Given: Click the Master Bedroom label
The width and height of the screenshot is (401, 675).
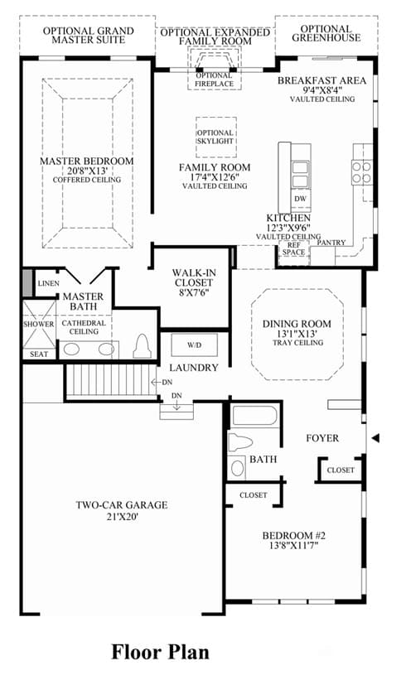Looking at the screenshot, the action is [86, 162].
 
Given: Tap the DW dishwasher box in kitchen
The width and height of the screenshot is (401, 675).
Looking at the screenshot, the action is [301, 199].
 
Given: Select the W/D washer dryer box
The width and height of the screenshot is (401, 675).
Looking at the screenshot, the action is [194, 345].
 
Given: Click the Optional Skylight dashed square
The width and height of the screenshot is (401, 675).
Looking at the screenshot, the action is [215, 137].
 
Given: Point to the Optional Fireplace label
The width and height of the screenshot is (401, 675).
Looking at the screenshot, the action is [214, 80].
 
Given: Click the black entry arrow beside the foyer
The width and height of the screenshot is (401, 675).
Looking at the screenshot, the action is [375, 438].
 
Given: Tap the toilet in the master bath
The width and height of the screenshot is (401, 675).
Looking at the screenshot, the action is [142, 346].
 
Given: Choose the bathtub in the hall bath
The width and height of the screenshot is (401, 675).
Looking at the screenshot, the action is [255, 417].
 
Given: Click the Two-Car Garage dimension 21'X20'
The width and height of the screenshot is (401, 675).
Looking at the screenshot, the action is [122, 516].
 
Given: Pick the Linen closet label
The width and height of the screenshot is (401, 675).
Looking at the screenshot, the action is [49, 283].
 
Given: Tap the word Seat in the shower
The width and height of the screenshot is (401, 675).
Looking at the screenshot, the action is [39, 354].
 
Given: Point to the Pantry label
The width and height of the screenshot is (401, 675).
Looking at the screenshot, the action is [331, 243].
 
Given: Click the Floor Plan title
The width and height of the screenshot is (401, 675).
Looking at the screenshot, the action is [160, 653].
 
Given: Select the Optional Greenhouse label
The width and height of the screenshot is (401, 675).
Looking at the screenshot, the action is [326, 33].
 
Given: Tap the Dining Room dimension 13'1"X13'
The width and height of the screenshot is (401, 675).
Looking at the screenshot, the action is [297, 334].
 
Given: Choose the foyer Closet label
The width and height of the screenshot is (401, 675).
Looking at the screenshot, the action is [341, 470].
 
